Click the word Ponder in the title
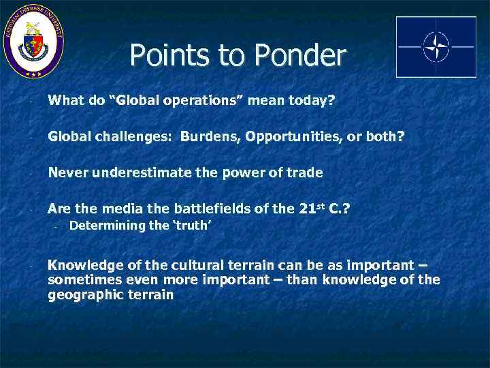(297, 56)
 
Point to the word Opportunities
(293, 137)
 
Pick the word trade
(306, 172)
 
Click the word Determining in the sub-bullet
(108, 226)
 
